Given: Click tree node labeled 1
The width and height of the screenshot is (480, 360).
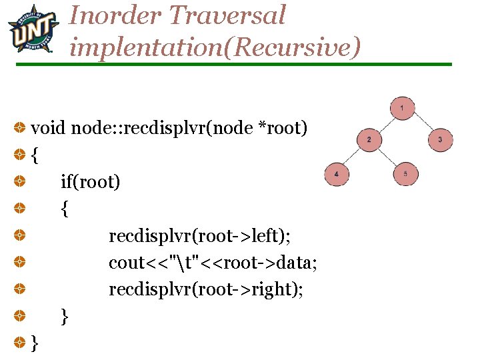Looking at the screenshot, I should [x=402, y=107].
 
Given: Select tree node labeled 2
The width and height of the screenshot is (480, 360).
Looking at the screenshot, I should [x=370, y=139].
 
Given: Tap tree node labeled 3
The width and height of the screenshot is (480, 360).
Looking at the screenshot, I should [x=440, y=139].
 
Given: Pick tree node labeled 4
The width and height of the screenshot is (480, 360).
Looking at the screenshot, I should [x=337, y=174].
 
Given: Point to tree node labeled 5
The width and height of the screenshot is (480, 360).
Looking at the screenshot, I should [x=405, y=174].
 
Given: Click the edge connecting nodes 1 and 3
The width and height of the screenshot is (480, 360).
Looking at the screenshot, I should [x=421, y=123].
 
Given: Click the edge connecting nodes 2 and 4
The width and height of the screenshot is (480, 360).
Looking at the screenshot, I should [x=353, y=157].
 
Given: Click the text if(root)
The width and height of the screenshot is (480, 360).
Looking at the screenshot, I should [x=91, y=181].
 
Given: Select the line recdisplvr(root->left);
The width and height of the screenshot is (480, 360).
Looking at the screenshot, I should [x=204, y=236].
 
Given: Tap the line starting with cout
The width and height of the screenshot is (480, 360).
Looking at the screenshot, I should [x=213, y=263].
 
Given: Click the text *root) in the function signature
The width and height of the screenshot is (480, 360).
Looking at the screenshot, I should [x=283, y=127].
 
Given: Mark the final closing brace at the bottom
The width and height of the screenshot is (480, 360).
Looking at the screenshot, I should [x=35, y=343].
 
